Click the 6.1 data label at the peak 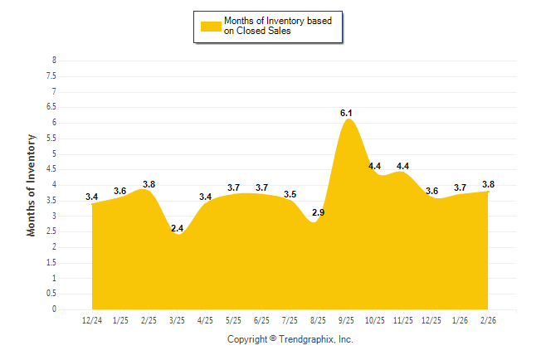[x=347, y=113]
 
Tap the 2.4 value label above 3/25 [x=177, y=228]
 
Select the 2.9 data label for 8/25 [x=318, y=213]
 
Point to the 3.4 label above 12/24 [x=92, y=197]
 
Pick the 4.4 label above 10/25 [x=375, y=166]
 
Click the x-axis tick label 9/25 [x=347, y=319]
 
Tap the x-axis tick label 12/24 [x=92, y=319]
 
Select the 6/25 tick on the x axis [x=261, y=319]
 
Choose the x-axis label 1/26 [x=460, y=319]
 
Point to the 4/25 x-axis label [x=205, y=319]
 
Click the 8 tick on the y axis [x=54, y=61]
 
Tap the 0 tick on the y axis [x=54, y=309]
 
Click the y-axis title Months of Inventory [x=32, y=185]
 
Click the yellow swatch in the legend [x=210, y=27]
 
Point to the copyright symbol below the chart [x=273, y=339]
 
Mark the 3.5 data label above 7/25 [x=290, y=194]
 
